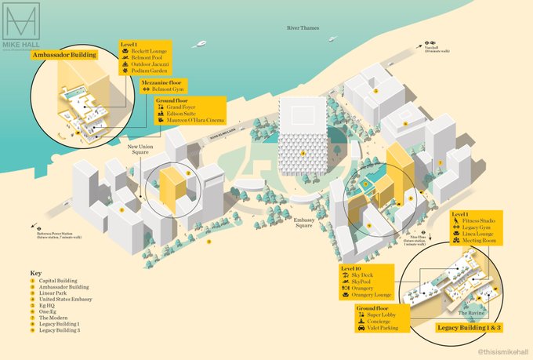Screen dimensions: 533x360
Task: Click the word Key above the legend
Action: (x=36, y=274)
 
